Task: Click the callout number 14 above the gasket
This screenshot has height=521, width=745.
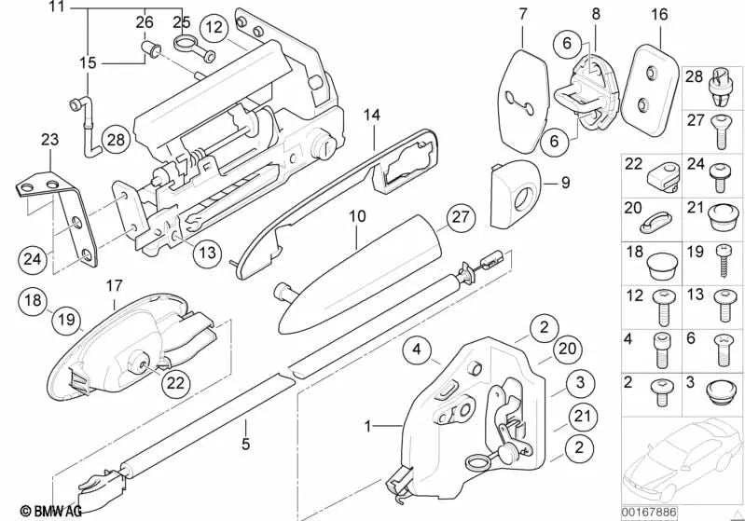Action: click(372, 116)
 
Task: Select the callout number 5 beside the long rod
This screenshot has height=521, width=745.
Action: click(246, 444)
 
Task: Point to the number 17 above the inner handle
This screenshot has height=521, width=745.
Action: click(114, 284)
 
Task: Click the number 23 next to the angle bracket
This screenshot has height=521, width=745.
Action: click(48, 142)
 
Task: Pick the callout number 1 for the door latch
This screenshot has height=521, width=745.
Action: click(369, 426)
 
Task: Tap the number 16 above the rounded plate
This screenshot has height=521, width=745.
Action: click(660, 16)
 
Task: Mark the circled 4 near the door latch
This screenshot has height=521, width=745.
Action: click(419, 350)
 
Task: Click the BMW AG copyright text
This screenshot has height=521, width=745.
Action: click(33, 510)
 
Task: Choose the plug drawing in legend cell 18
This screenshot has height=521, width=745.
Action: click(659, 266)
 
